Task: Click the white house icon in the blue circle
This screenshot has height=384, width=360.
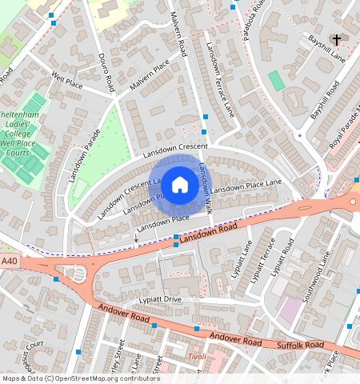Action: click(x=181, y=184)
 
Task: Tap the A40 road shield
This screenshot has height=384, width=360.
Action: click(x=9, y=261)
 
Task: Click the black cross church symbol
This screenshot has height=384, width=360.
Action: click(x=337, y=39)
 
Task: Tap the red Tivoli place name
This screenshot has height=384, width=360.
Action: click(x=196, y=357)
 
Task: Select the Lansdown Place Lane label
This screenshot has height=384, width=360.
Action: click(x=246, y=186)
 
